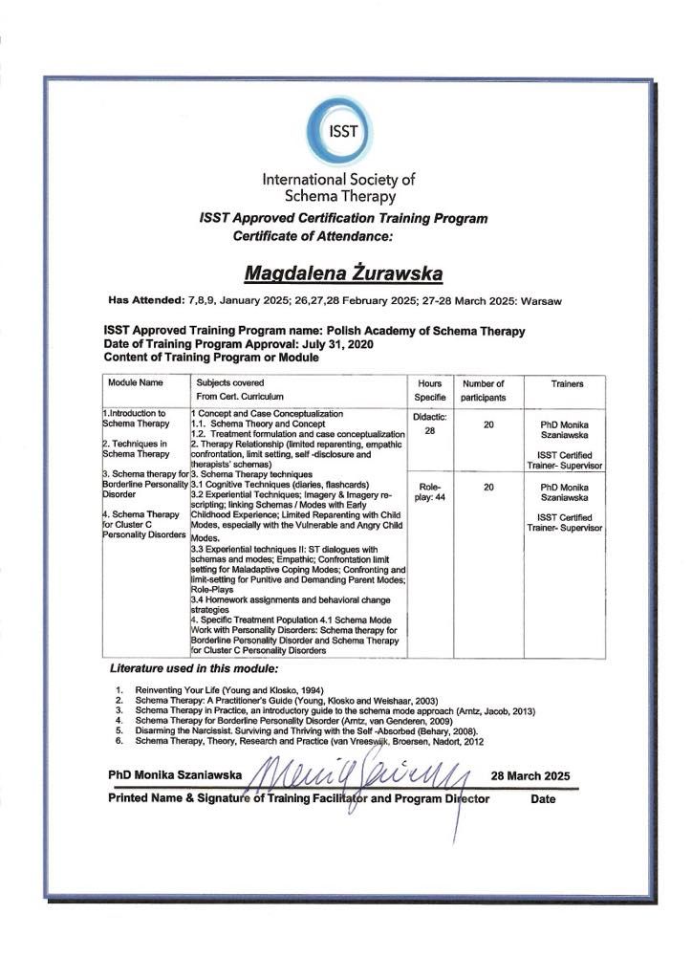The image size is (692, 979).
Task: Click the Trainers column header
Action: (567, 383)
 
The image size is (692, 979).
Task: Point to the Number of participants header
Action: (489, 389)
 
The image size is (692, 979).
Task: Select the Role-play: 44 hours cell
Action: (428, 492)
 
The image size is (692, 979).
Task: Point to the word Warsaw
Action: (541, 301)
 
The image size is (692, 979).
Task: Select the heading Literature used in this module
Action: (194, 667)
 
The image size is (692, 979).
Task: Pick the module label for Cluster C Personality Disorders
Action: (139, 525)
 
